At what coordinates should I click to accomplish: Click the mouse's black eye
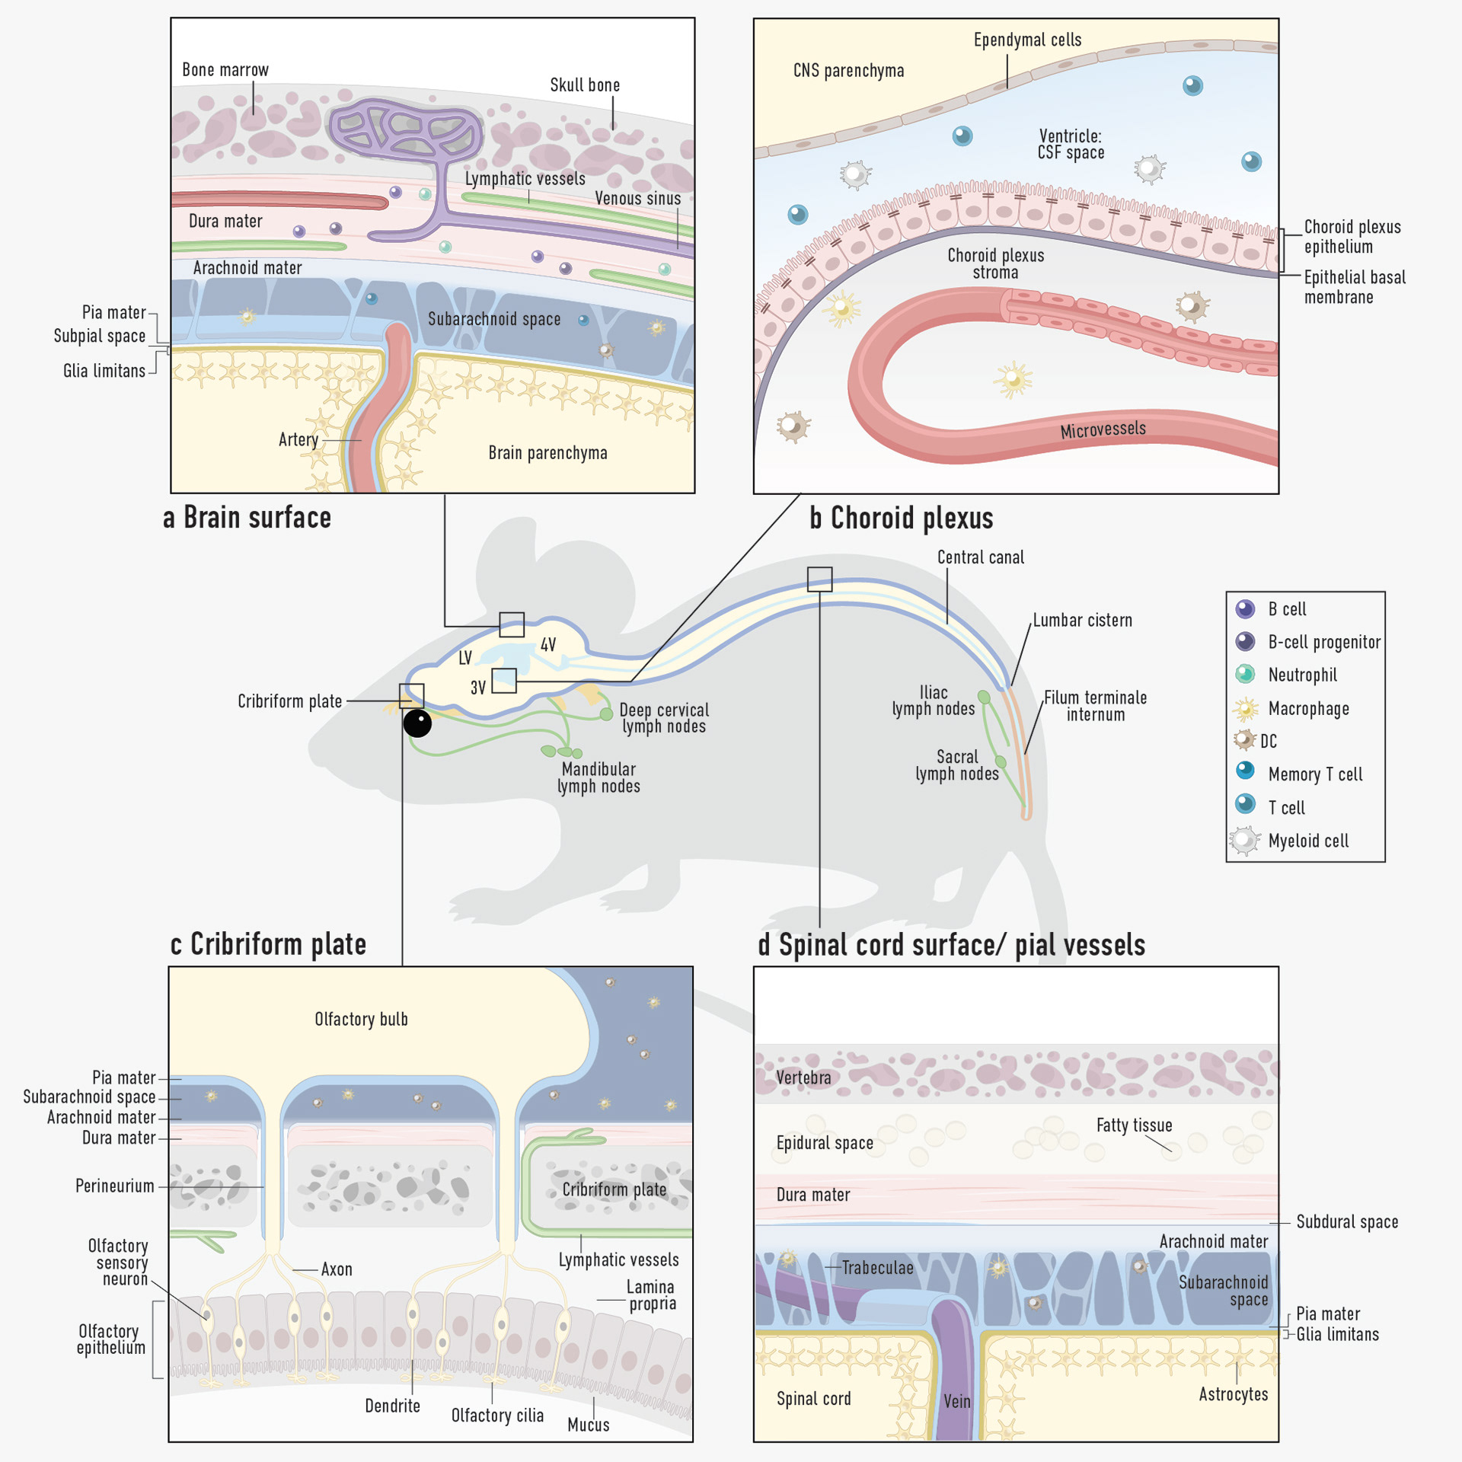click(417, 723)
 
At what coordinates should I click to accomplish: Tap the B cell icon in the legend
click(1245, 609)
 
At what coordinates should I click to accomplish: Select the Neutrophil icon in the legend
click(1245, 674)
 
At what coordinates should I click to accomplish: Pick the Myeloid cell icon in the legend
click(1244, 841)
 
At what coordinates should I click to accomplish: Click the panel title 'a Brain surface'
click(247, 518)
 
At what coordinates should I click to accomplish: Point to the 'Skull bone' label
click(585, 85)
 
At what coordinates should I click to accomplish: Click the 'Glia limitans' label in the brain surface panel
click(104, 371)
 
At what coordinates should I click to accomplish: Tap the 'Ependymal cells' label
click(1027, 40)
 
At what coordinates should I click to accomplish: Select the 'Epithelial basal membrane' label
click(1354, 287)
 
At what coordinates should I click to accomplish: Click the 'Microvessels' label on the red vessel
click(1103, 430)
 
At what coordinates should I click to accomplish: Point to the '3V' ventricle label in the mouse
click(477, 688)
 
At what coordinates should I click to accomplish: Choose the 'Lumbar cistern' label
click(1082, 621)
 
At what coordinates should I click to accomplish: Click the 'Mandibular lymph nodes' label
click(599, 777)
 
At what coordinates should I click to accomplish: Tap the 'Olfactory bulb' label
click(361, 1019)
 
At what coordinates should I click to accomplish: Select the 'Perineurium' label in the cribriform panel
click(115, 1186)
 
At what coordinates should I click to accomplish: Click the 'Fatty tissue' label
click(1134, 1125)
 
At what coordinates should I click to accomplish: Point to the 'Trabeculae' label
click(877, 1268)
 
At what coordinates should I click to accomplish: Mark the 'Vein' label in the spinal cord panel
click(957, 1401)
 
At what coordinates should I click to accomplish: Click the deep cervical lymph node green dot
click(606, 714)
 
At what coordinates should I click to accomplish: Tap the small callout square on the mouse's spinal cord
click(819, 579)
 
